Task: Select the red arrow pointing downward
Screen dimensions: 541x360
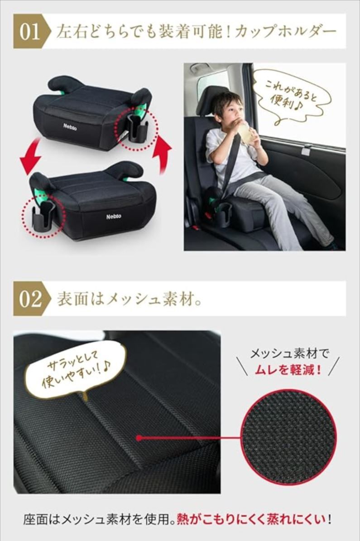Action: [32, 156]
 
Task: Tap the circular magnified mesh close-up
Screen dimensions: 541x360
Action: [288, 438]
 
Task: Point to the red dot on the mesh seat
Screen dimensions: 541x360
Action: [139, 438]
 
